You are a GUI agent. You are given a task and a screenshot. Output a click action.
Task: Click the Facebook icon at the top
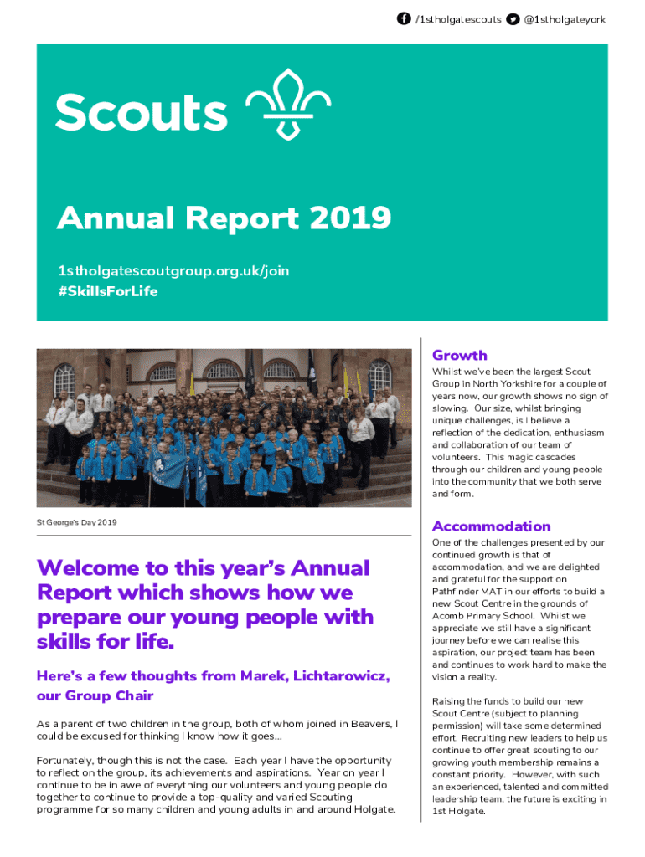pos(404,18)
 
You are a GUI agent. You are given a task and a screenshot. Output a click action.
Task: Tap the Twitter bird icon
pos(513,18)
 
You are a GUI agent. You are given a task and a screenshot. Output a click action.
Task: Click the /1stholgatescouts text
pos(458,18)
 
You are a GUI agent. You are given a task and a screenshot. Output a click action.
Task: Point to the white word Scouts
pos(142,113)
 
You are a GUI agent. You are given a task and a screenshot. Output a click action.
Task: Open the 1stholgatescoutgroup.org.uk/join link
pos(173,270)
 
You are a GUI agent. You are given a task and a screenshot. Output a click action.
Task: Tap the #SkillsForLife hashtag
pos(107,291)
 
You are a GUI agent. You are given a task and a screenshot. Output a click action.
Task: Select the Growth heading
pos(459,355)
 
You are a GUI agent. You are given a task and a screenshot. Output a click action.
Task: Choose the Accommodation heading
pos(491,526)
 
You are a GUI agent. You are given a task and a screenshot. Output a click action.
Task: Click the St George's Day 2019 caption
pos(76,523)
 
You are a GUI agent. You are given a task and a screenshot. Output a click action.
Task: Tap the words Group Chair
pos(112,696)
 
